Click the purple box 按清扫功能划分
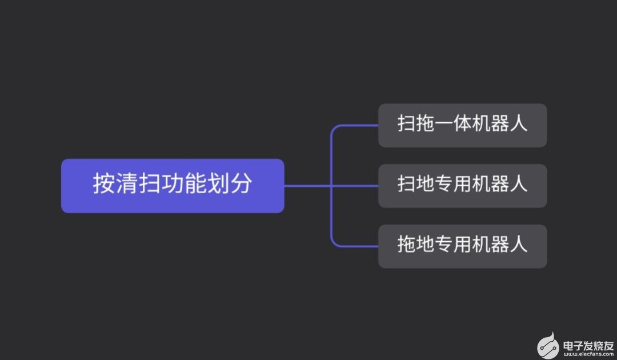click(x=172, y=186)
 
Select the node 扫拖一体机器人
click(x=462, y=125)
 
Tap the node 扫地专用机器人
click(x=462, y=186)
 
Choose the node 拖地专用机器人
click(x=462, y=246)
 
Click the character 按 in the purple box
click(x=104, y=184)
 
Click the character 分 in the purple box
click(x=241, y=184)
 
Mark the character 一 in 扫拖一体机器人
click(x=443, y=125)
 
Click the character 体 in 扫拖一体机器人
click(x=462, y=125)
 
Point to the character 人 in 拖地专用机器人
click(x=518, y=245)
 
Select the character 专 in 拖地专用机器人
click(x=443, y=245)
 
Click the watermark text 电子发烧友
click(x=587, y=345)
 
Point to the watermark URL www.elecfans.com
click(x=587, y=354)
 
